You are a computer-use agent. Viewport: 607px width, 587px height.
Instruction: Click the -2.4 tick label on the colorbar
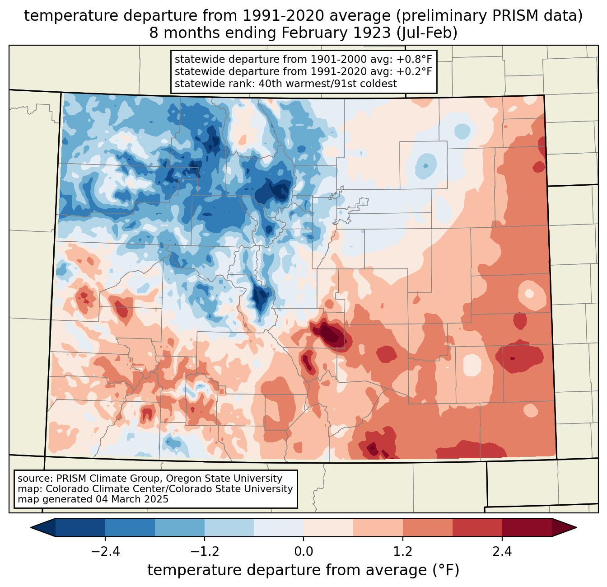[105, 552]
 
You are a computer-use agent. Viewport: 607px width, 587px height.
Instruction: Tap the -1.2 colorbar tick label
[204, 552]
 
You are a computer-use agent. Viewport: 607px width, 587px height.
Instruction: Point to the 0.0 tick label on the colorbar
[303, 552]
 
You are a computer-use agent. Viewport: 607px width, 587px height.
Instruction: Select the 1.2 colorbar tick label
[403, 552]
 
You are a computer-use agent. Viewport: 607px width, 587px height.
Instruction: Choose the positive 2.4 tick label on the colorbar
[502, 552]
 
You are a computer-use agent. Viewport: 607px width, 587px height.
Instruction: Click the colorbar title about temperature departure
[303, 570]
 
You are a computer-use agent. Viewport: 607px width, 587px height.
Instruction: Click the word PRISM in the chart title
[528, 16]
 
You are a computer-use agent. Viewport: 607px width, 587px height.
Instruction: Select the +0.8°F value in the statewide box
[414, 60]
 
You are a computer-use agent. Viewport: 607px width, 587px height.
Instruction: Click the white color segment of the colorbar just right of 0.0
[328, 527]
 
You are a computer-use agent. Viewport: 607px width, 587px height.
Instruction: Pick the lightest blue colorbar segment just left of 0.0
[279, 527]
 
